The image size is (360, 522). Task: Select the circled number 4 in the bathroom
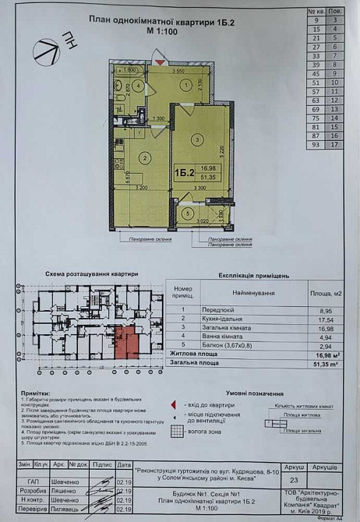137,85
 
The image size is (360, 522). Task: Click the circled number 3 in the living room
197,139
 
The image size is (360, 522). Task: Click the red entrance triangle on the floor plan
160,61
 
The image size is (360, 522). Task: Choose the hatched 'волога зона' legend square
177,430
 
